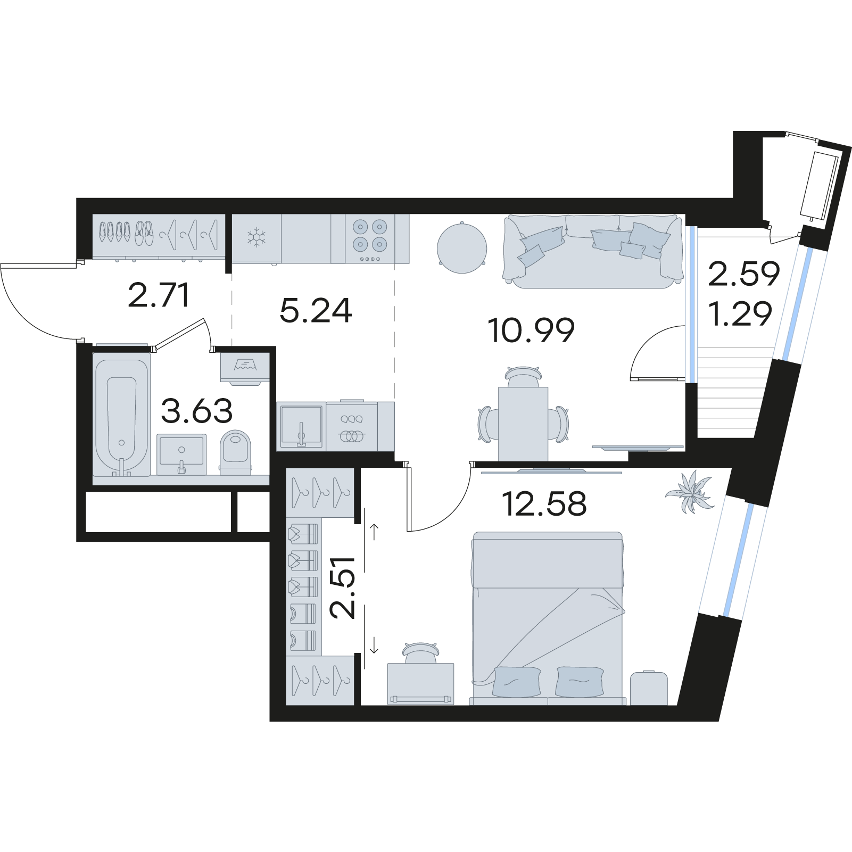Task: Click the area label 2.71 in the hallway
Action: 159,296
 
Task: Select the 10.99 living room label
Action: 531,330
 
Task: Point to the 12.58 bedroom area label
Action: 544,504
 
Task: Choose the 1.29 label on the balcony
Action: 741,314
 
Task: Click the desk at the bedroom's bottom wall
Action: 421,684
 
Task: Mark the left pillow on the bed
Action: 517,681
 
